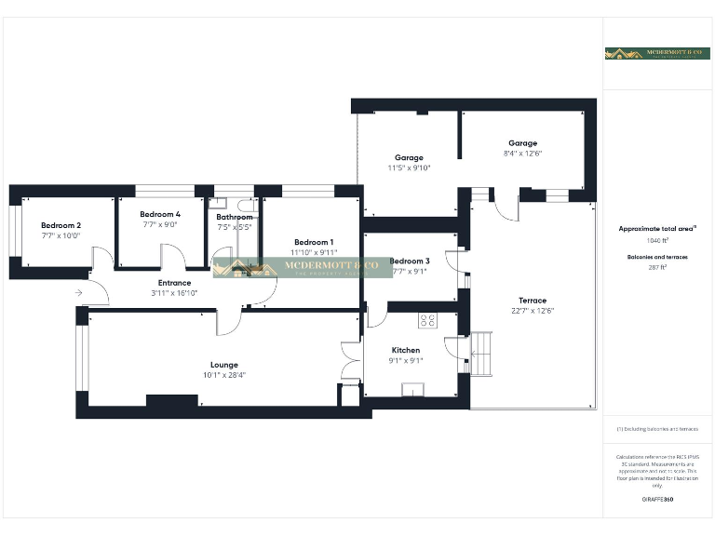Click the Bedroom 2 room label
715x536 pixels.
click(x=61, y=225)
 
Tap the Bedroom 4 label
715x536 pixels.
click(x=160, y=214)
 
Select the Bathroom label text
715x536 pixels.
click(x=234, y=217)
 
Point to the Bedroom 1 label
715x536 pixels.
click(x=313, y=242)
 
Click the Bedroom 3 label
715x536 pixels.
click(x=410, y=261)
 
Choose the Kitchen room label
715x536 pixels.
click(x=406, y=350)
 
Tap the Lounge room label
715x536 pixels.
click(x=223, y=365)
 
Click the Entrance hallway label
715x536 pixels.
click(x=174, y=283)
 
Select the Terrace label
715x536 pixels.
click(x=533, y=300)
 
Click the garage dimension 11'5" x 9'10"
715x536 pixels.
click(x=409, y=168)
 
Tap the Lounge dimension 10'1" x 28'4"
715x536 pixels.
click(x=223, y=375)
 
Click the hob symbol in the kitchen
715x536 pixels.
click(x=429, y=321)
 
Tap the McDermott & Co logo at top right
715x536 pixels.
click(x=656, y=53)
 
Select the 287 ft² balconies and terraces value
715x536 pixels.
click(x=657, y=267)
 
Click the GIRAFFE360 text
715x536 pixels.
click(x=657, y=500)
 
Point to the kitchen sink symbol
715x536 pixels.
click(x=412, y=389)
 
